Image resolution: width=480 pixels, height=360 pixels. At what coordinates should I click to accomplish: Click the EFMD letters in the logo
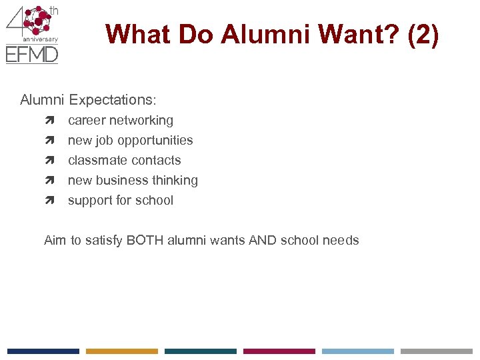click(32, 54)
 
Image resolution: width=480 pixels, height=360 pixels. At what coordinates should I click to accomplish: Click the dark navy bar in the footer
click(43, 351)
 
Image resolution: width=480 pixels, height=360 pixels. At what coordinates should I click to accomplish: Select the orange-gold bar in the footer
click(122, 351)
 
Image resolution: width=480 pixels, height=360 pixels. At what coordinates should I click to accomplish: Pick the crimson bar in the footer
click(279, 351)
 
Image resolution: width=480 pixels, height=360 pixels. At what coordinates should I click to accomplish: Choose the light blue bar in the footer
click(358, 351)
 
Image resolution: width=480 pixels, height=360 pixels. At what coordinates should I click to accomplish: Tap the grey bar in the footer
click(437, 351)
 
